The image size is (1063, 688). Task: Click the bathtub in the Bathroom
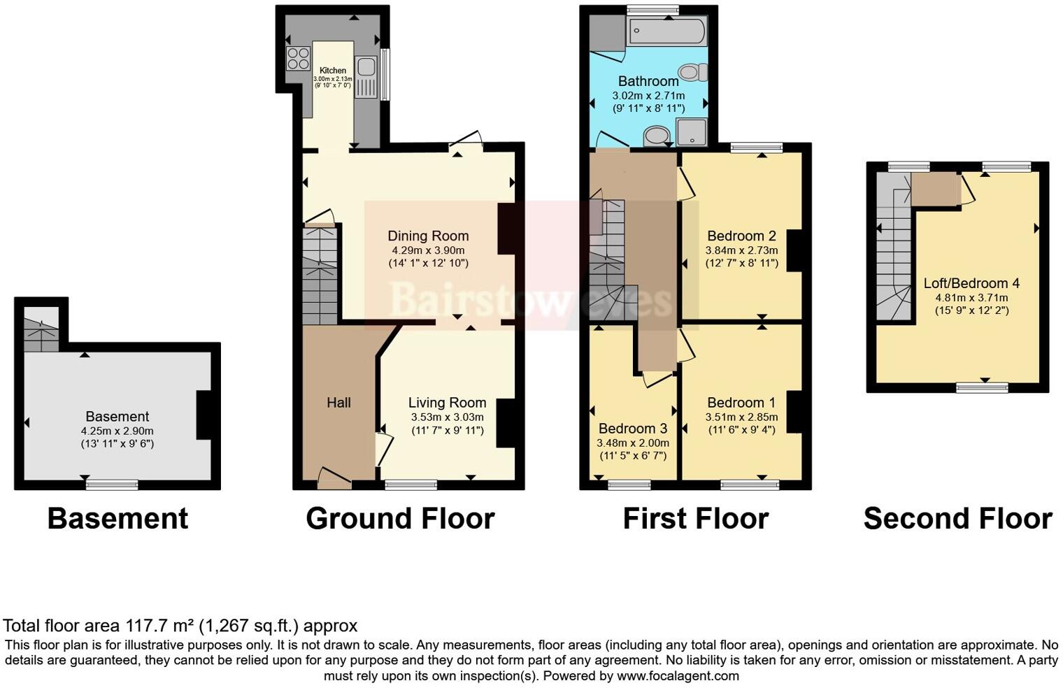(x=667, y=31)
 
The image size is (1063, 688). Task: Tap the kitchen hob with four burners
(x=298, y=58)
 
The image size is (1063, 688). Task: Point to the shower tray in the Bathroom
(x=692, y=132)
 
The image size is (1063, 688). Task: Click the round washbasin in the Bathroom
(x=657, y=136)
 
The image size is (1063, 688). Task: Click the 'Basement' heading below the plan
(x=117, y=519)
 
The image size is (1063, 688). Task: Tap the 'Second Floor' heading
(x=957, y=519)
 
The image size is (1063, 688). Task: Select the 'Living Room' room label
(x=447, y=403)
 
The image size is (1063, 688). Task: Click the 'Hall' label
(x=338, y=403)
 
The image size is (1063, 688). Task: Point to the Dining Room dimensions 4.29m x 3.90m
(x=428, y=250)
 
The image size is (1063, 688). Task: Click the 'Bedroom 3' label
(x=632, y=429)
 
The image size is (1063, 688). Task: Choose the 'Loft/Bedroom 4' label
(x=971, y=283)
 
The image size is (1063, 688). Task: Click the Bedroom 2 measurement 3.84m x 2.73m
(x=741, y=250)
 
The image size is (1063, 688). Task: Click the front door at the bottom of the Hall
(x=334, y=478)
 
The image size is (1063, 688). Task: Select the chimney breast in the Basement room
(x=204, y=415)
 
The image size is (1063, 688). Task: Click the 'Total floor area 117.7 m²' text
(x=180, y=626)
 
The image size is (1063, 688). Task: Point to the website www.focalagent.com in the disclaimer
(x=678, y=676)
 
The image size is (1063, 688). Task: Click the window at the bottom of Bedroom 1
(x=750, y=485)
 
